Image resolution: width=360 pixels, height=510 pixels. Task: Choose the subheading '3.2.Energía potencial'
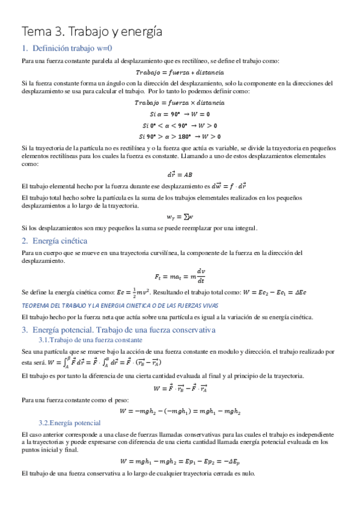click(x=70, y=423)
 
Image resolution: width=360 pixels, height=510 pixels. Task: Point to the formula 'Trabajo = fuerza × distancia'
click(x=180, y=103)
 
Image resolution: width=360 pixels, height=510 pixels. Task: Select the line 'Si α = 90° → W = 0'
click(x=180, y=114)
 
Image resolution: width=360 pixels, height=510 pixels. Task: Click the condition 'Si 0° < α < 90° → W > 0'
click(x=180, y=124)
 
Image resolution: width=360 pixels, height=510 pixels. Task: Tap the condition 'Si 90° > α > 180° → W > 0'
click(x=180, y=135)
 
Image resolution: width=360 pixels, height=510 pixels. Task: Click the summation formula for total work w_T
click(x=180, y=216)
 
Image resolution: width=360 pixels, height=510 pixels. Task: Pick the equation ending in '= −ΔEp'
click(x=180, y=461)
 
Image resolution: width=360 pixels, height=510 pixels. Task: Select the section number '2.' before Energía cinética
click(x=25, y=241)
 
